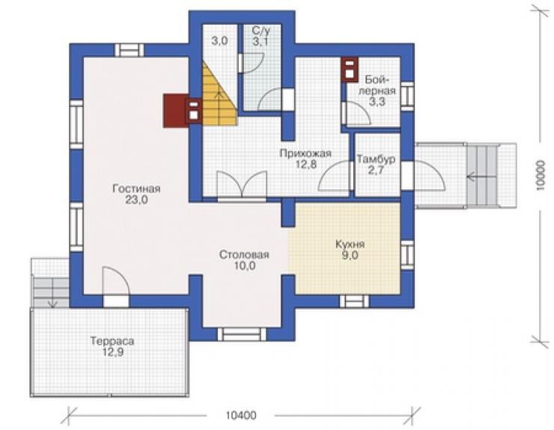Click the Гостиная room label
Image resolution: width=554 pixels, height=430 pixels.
[136, 189]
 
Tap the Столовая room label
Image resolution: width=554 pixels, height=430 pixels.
[244, 254]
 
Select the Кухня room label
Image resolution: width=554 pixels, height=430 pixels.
[350, 245]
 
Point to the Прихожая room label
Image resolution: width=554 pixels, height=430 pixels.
[305, 153]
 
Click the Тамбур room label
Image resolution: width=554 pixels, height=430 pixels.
[376, 159]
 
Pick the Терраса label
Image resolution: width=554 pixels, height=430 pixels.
[112, 341]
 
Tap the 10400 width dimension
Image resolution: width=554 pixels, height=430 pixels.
[241, 416]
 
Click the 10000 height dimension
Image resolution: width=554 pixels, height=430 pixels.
[541, 176]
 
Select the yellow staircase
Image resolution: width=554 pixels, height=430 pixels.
[219, 93]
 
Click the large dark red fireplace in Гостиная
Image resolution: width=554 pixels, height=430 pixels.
[175, 111]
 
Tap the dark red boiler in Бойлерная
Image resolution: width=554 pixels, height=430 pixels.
[350, 70]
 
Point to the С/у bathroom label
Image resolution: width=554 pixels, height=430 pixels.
[261, 31]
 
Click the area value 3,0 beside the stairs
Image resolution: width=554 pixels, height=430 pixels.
[219, 41]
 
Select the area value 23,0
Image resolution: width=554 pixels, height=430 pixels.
[136, 200]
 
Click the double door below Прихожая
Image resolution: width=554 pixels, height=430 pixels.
[242, 183]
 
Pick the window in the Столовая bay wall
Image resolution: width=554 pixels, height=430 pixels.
[242, 334]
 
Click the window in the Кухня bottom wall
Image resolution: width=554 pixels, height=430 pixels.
[354, 301]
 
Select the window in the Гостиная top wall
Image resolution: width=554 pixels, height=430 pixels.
[130, 50]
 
